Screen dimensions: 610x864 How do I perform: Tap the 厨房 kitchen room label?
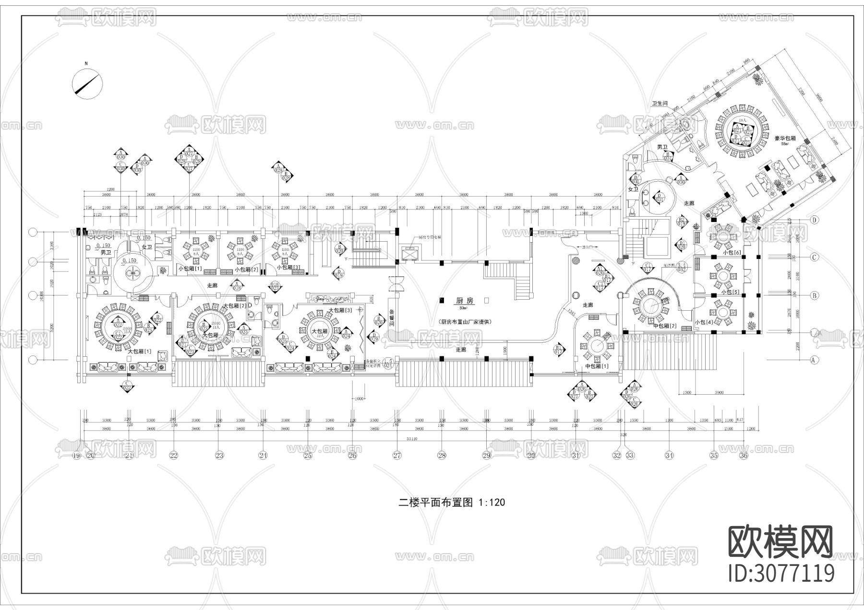pos(464,301)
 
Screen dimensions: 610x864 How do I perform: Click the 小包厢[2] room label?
pos(246,270)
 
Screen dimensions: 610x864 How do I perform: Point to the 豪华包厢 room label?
pos(785,138)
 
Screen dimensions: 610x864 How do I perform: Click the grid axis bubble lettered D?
pos(814,220)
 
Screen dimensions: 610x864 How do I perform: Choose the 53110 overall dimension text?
pos(412,438)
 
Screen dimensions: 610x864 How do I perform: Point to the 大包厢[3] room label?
pos(340,310)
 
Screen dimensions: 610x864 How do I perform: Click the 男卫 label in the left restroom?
pos(105,252)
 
